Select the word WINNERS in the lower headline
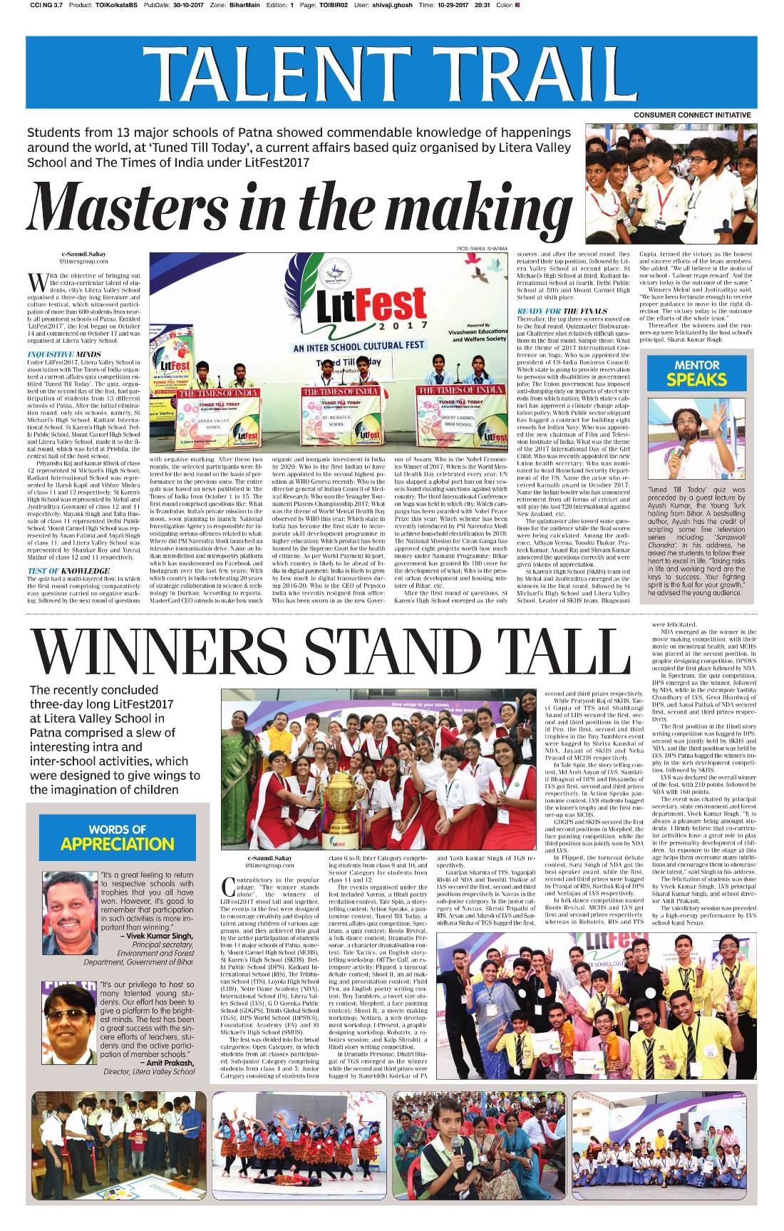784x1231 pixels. (x=167, y=650)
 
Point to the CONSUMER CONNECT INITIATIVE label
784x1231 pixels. (x=692, y=115)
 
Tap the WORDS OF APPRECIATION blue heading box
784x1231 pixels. (x=118, y=838)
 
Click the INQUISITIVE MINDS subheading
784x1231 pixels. (x=64, y=354)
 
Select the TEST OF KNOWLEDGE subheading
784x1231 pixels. (x=68, y=571)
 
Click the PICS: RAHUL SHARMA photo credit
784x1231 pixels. (x=482, y=249)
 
